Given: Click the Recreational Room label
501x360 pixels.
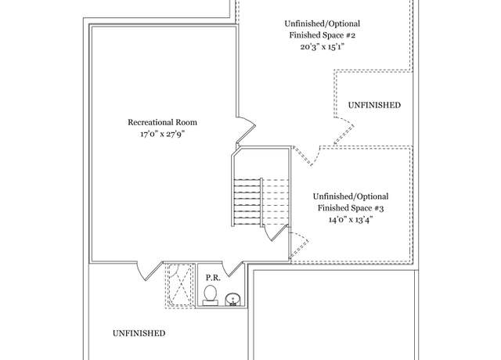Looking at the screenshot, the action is click(162, 122).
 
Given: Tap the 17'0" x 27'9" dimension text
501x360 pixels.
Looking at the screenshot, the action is click(163, 134).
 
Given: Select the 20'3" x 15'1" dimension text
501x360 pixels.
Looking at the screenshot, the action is click(323, 47).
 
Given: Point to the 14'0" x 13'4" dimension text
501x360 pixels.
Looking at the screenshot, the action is click(351, 220).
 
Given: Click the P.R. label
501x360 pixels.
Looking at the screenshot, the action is click(213, 278).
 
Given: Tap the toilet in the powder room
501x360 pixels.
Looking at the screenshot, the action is click(211, 296).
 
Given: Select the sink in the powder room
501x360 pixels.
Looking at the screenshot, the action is click(233, 300).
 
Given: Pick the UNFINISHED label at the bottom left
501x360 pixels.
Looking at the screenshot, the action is click(139, 333).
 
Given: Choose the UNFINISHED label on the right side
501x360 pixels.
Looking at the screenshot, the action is click(374, 105).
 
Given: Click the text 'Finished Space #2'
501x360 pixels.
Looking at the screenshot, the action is click(323, 35).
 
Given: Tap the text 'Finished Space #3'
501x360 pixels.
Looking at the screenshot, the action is click(351, 208).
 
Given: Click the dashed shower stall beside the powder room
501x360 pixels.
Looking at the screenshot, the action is click(180, 286).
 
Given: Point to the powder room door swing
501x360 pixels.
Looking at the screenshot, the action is click(233, 269).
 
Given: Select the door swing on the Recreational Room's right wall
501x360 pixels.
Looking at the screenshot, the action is click(247, 129).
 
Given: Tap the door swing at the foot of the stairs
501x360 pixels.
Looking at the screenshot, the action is click(275, 233).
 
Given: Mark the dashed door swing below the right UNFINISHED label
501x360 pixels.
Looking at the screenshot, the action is click(344, 131).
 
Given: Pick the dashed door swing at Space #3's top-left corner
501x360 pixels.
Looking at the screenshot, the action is click(306, 157).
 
